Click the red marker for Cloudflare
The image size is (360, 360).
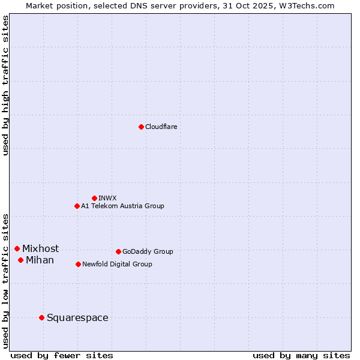tap(141, 127)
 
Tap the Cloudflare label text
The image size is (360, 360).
tap(161, 127)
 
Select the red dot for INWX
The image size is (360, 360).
tap(94, 198)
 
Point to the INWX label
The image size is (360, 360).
tap(107, 199)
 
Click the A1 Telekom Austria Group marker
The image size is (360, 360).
tap(77, 206)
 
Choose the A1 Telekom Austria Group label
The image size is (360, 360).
tap(122, 206)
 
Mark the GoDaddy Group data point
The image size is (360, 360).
tap(118, 251)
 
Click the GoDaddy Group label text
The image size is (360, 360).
tap(148, 252)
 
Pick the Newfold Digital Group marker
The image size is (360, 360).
tap(78, 264)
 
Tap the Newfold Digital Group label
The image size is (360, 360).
tap(117, 265)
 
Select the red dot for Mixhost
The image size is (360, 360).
tap(17, 248)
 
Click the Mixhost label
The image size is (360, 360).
tap(41, 249)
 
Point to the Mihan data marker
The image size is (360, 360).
tap(20, 260)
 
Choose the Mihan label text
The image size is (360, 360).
tap(40, 260)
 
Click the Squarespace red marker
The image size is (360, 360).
tap(41, 317)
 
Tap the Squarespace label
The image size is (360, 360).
tap(77, 318)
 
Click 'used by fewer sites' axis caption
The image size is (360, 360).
tap(62, 355)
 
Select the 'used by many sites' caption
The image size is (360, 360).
tap(301, 355)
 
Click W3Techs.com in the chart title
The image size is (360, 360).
tap(305, 5)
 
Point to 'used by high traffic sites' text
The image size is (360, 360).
tap(6, 85)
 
